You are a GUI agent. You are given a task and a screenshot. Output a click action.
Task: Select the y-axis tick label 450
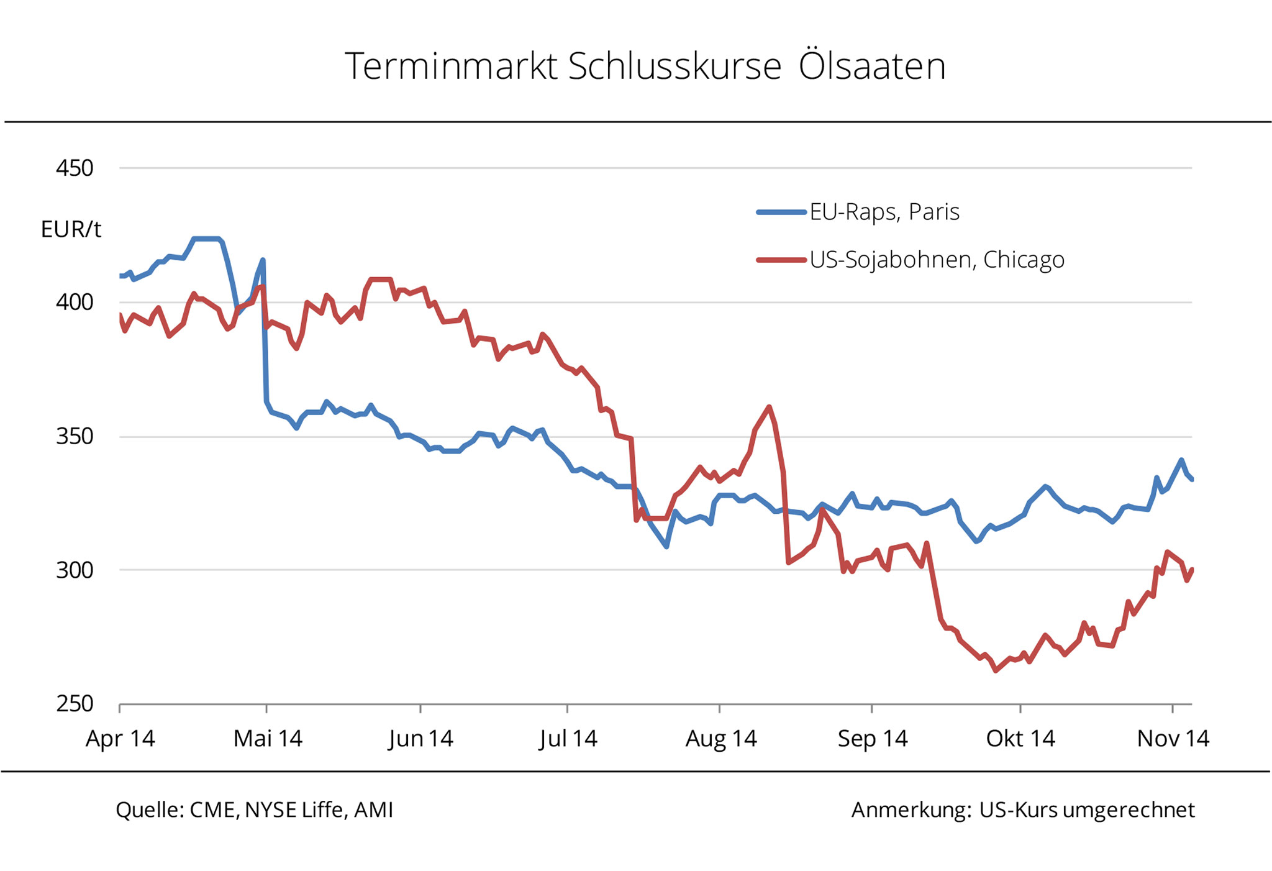pyautogui.click(x=75, y=168)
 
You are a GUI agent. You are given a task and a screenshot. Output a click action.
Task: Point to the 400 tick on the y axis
pyautogui.click(x=75, y=303)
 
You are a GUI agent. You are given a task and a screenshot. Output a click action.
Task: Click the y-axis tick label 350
pyautogui.click(x=75, y=436)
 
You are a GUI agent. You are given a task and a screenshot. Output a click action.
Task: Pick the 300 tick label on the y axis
pyautogui.click(x=75, y=570)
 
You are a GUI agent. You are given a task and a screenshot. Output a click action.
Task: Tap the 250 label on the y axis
pyautogui.click(x=75, y=704)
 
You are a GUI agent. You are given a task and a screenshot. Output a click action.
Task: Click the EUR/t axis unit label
pyautogui.click(x=71, y=230)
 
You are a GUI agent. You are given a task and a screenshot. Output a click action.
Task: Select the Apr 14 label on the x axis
pyautogui.click(x=120, y=739)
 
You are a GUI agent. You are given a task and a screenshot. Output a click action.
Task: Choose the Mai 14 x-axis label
pyautogui.click(x=268, y=739)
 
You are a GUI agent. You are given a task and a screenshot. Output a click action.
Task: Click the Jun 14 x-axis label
pyautogui.click(x=420, y=739)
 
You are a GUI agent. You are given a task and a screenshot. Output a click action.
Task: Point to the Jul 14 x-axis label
pyautogui.click(x=568, y=739)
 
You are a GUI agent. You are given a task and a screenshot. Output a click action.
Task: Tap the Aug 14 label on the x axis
pyautogui.click(x=720, y=739)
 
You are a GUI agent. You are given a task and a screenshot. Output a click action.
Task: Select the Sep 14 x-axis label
pyautogui.click(x=873, y=739)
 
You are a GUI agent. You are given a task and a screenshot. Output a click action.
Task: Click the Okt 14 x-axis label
pyautogui.click(x=1020, y=739)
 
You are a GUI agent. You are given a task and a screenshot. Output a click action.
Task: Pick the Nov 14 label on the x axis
pyautogui.click(x=1173, y=739)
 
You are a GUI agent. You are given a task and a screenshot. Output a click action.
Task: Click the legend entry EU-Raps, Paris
pyautogui.click(x=884, y=212)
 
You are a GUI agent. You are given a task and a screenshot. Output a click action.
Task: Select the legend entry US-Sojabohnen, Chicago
pyautogui.click(x=936, y=260)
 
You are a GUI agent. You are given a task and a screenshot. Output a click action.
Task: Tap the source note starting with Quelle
pyautogui.click(x=254, y=810)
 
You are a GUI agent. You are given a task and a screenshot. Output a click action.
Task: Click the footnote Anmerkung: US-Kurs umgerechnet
pyautogui.click(x=1022, y=810)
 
